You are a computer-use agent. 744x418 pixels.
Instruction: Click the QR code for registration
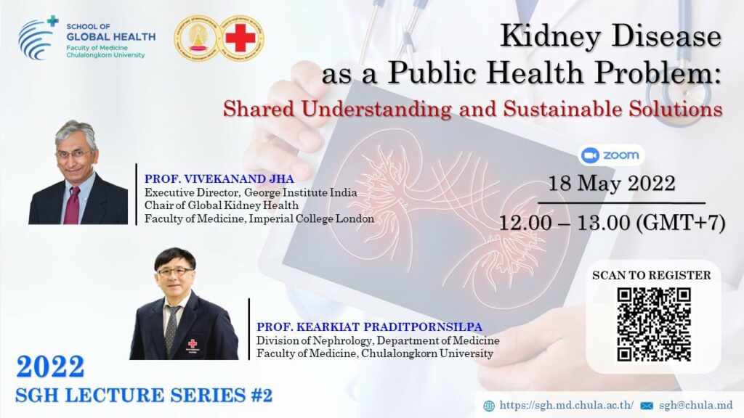(x=654, y=324)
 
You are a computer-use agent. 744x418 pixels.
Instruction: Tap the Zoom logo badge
(x=610, y=155)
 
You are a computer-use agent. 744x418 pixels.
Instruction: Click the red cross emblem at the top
(x=240, y=38)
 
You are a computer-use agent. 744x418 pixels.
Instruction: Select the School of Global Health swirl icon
(x=38, y=38)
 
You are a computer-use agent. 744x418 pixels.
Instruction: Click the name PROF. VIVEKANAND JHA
(x=219, y=179)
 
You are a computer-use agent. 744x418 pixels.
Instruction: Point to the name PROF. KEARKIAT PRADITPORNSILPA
(x=369, y=327)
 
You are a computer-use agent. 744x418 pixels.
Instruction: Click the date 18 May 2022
(x=612, y=184)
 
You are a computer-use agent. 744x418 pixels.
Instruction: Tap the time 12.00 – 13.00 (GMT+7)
(x=612, y=223)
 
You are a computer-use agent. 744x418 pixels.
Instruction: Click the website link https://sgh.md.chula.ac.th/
(x=566, y=405)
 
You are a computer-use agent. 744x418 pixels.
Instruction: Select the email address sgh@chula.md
(x=695, y=405)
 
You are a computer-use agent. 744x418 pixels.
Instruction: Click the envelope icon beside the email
(x=647, y=406)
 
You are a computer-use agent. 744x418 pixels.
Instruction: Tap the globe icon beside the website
(x=489, y=406)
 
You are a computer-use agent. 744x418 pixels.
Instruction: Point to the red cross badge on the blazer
(x=192, y=343)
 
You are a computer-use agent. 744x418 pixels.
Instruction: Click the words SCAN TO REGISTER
(x=652, y=275)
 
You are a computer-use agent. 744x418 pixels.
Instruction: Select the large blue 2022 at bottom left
(x=50, y=366)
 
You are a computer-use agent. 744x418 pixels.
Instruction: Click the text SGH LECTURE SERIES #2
(x=144, y=396)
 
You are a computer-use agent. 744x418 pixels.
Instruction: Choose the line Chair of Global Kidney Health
(x=222, y=205)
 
